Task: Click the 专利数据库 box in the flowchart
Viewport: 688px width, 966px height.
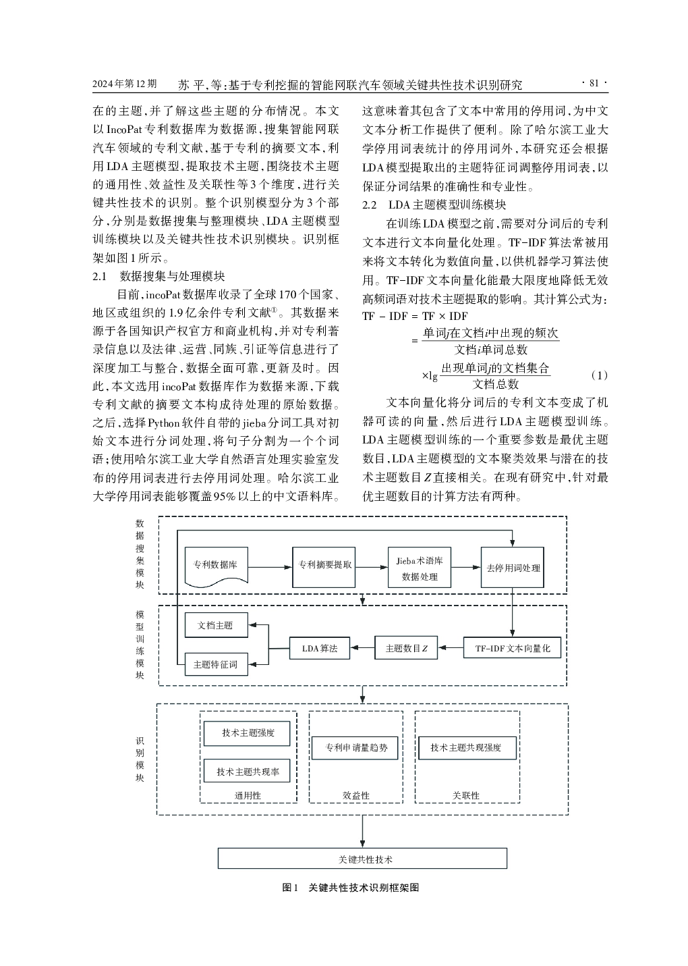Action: pos(215,566)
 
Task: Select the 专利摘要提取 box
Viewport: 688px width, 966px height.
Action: pos(325,565)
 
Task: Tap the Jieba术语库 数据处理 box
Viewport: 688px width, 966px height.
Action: pos(420,568)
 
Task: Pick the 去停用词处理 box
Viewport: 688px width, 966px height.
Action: pos(513,568)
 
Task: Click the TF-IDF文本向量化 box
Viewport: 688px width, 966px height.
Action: pos(513,648)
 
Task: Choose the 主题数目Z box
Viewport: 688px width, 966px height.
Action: pos(406,648)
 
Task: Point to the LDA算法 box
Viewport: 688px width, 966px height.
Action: pos(320,648)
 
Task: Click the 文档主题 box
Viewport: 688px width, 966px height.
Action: pos(216,625)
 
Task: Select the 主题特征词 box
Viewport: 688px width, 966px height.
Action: pos(216,664)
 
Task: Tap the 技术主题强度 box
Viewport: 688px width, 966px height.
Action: pos(248,733)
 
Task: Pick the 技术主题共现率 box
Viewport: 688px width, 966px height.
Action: pos(248,772)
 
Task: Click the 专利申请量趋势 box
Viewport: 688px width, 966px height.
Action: pos(356,748)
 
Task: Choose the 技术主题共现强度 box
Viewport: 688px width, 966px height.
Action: pos(465,748)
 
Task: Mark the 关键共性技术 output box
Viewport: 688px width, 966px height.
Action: pos(362,859)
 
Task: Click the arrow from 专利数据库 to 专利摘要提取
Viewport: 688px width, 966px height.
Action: pos(270,566)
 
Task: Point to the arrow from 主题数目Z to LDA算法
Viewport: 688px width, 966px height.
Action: pos(365,648)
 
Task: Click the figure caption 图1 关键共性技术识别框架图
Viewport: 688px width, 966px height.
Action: pos(350,888)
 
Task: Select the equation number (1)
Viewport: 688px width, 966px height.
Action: pos(598,375)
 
